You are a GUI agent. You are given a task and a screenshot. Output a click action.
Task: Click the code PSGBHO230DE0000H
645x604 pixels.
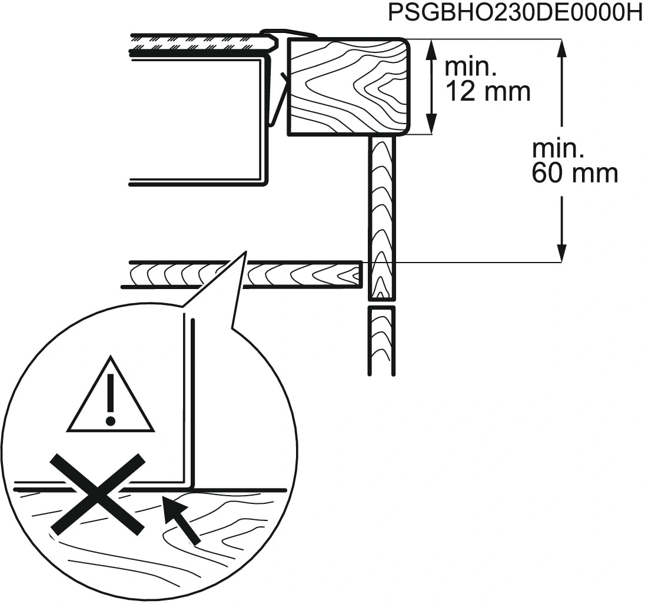[x=515, y=13]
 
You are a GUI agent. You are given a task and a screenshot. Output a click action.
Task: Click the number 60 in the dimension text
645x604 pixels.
[x=547, y=174]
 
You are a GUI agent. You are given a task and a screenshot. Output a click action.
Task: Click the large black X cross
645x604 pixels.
[x=97, y=494]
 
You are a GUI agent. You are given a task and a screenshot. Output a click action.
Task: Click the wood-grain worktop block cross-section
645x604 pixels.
[x=347, y=87]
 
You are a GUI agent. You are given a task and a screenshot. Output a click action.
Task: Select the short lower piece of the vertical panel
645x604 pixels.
[x=381, y=340]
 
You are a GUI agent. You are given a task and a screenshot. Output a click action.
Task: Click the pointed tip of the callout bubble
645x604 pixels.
[x=244, y=253]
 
